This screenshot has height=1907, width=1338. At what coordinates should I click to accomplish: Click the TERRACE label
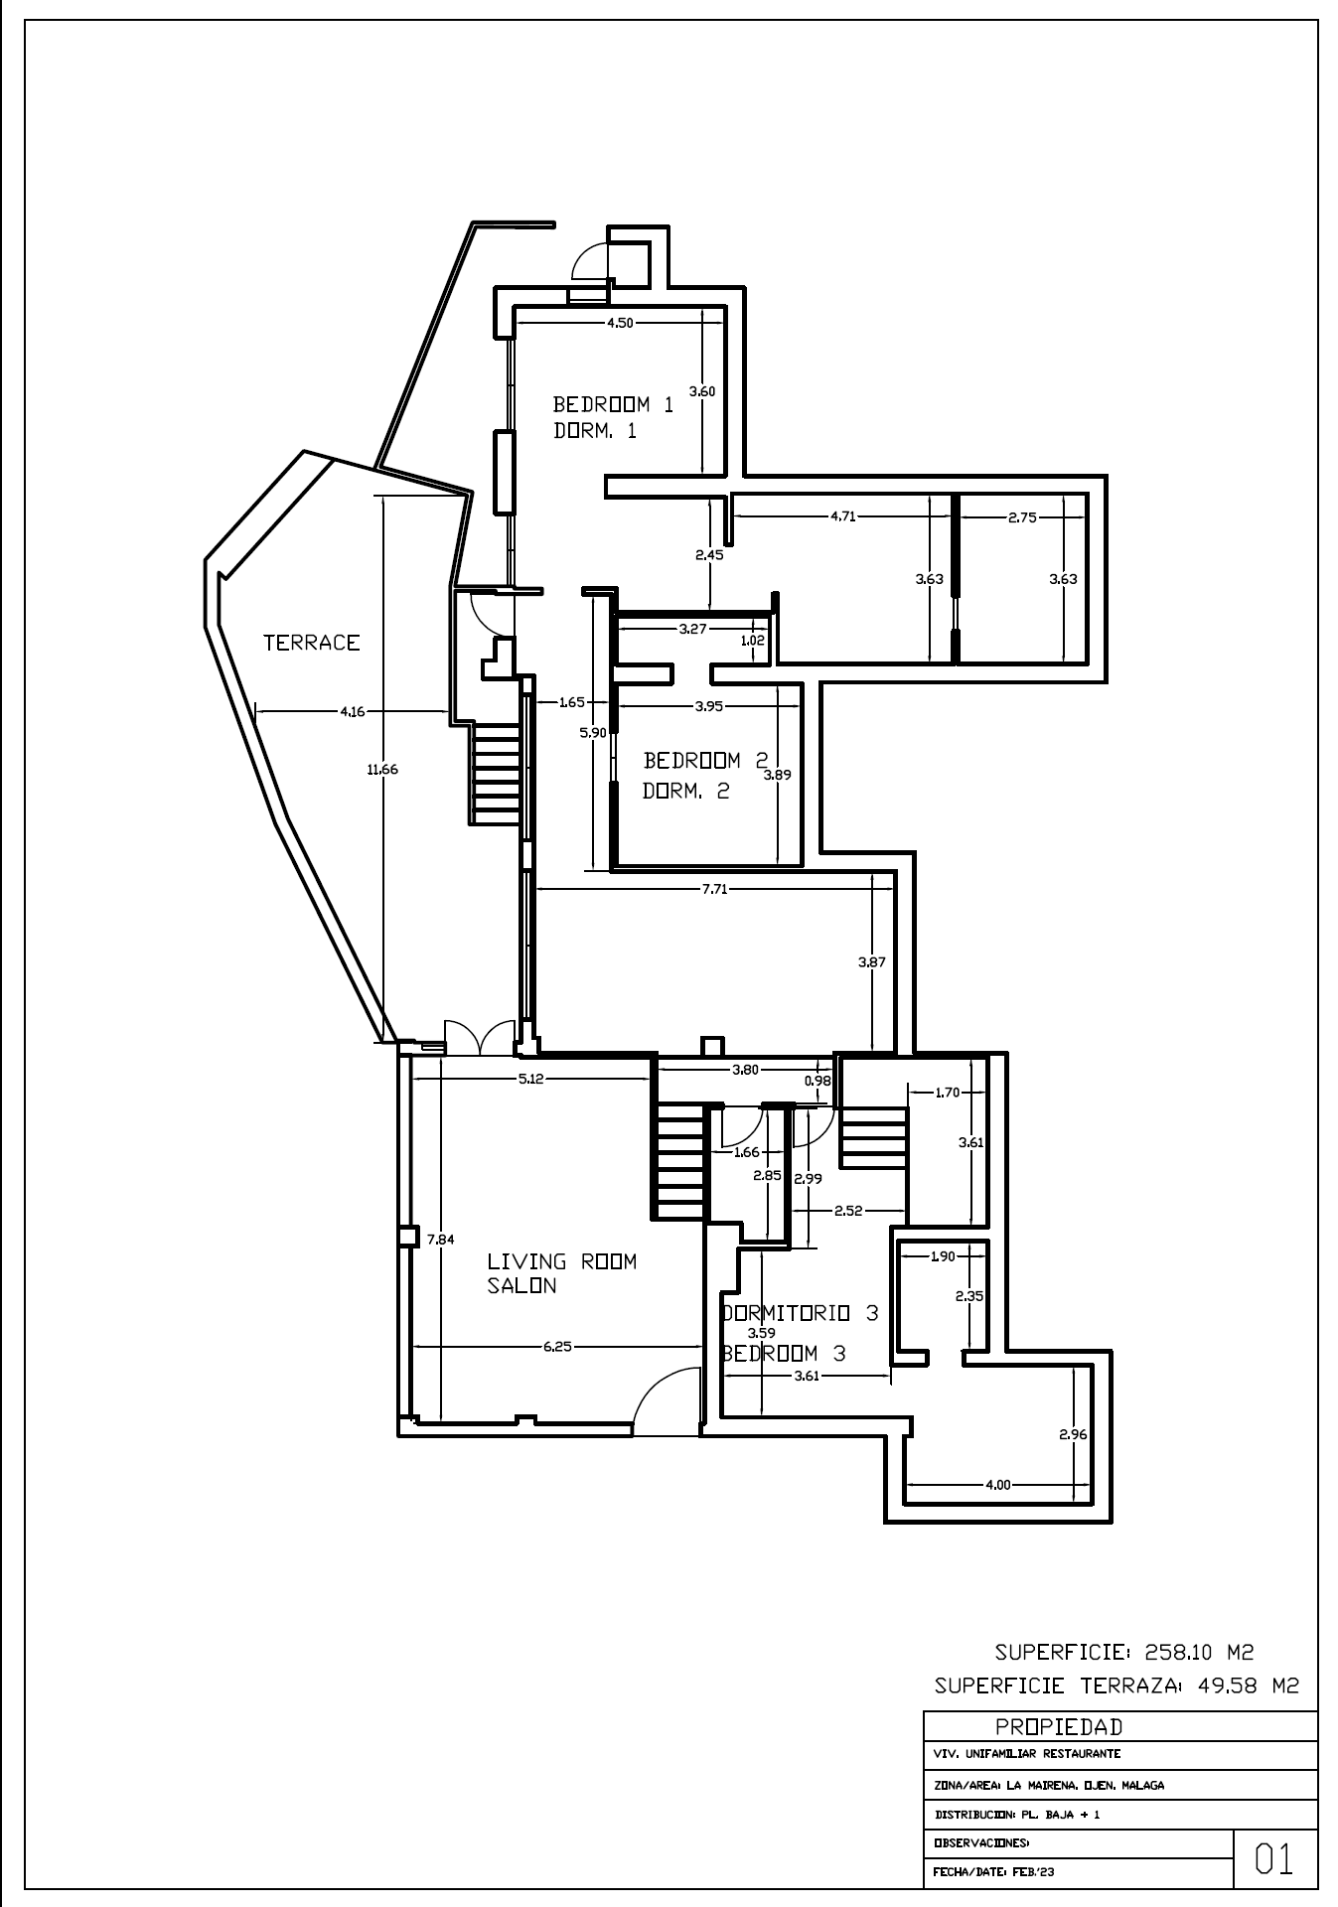(x=311, y=643)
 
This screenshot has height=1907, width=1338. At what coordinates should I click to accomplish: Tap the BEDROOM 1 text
(x=614, y=404)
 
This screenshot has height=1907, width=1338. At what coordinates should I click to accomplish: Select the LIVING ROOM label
(x=561, y=1261)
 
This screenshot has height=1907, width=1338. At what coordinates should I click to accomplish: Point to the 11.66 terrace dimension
(x=382, y=768)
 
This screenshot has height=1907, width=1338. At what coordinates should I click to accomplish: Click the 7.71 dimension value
(x=714, y=889)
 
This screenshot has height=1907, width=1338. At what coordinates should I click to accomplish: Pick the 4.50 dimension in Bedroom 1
(x=620, y=322)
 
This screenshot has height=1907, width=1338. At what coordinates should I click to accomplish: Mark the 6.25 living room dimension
(x=558, y=1347)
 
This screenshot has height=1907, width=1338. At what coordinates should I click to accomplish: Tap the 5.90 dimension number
(x=593, y=733)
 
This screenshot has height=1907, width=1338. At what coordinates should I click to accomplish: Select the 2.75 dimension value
(x=1022, y=516)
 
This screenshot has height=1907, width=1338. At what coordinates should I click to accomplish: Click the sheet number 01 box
(x=1275, y=1859)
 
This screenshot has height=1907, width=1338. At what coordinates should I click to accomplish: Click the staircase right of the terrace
(x=496, y=773)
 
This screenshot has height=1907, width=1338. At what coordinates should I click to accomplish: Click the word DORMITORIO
(x=786, y=1313)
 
